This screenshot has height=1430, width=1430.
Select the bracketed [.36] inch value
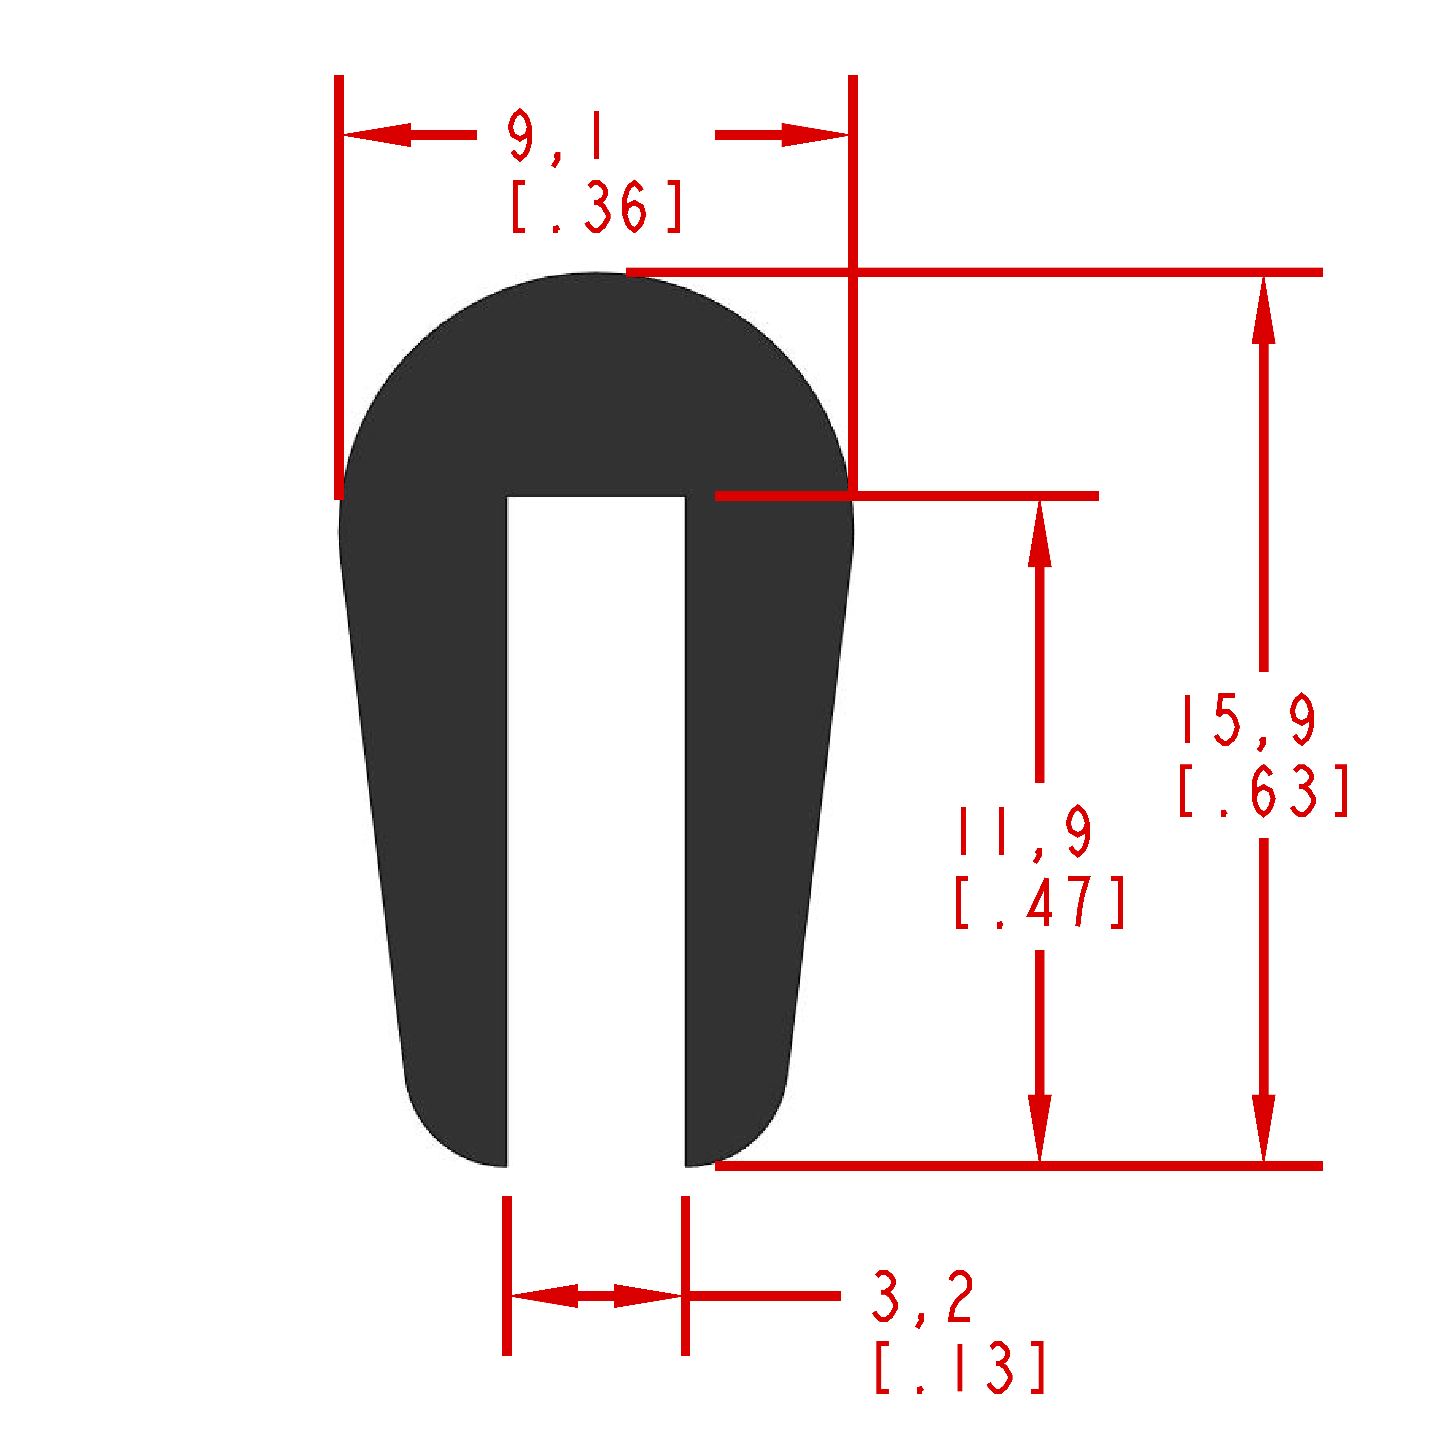[596, 207]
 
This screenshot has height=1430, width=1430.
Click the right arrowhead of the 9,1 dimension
[815, 135]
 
